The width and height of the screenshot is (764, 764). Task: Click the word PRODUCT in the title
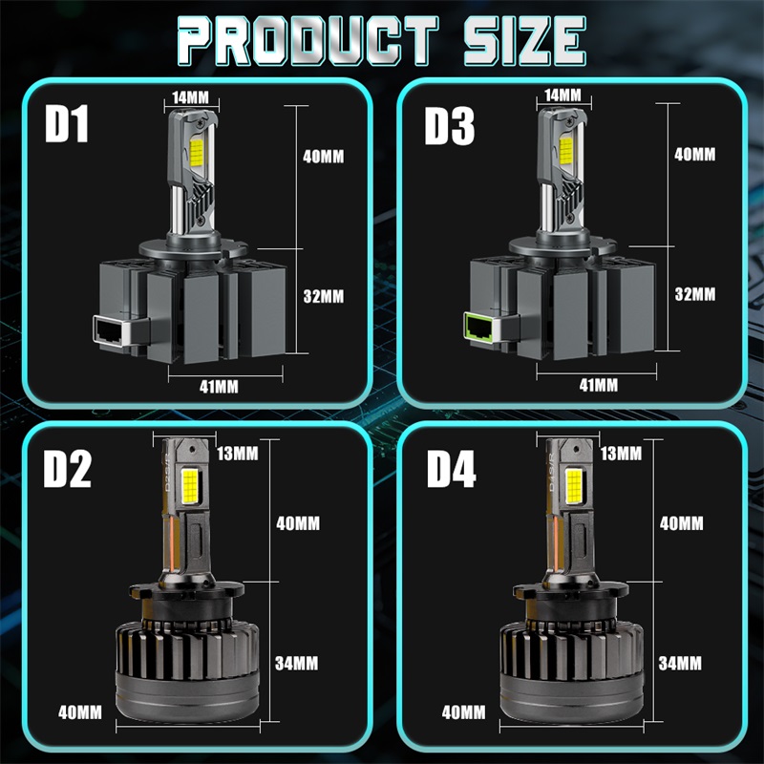(x=308, y=40)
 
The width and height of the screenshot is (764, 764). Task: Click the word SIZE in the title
(x=524, y=40)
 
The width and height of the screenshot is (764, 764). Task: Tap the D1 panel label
(x=67, y=124)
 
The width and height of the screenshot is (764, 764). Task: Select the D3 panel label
(x=449, y=126)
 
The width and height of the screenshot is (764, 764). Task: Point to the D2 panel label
(x=67, y=469)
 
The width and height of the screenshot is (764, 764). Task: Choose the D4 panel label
(x=451, y=469)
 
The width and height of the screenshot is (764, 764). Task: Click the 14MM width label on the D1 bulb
(x=190, y=97)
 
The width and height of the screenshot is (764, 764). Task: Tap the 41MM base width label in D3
(x=599, y=386)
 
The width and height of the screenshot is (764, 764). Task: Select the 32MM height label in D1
(x=324, y=296)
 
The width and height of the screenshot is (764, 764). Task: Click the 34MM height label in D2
(x=297, y=663)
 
